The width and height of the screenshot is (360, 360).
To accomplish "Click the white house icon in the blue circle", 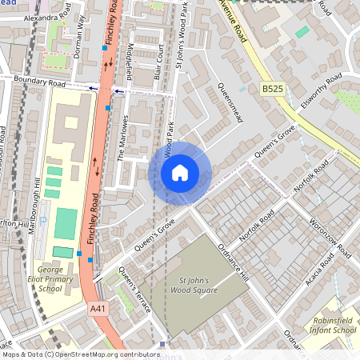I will coord(180,172).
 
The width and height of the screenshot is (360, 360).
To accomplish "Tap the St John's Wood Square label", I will coord(193,286).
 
